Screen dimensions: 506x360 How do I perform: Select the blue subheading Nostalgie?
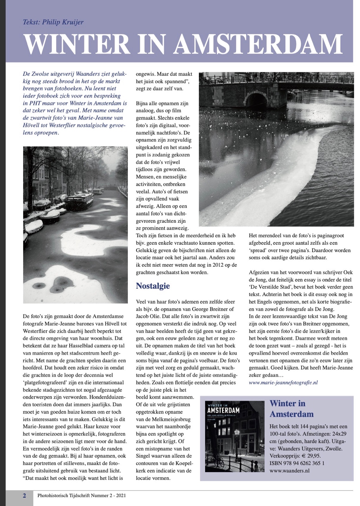point(153,286)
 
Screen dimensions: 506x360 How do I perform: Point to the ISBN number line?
point(297,463)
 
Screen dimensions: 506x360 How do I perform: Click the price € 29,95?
point(310,456)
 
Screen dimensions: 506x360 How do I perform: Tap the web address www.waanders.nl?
point(289,470)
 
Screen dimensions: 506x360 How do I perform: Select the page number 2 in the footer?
point(24,496)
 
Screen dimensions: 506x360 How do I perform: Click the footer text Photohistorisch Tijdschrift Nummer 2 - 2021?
point(81,496)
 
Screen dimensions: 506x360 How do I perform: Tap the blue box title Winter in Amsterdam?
point(291,409)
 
